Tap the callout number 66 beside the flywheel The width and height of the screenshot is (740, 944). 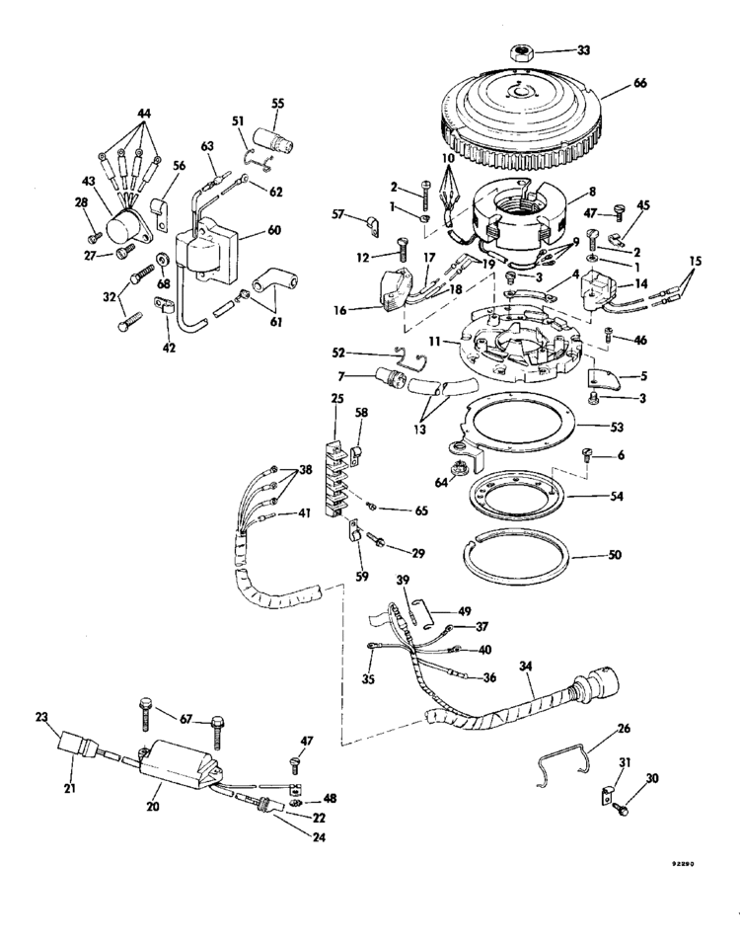(x=640, y=83)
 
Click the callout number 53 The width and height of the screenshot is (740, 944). (x=618, y=427)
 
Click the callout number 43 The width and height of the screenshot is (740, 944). (x=89, y=180)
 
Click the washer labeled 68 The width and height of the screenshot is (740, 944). (x=163, y=260)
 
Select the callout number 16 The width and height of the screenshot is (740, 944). (x=339, y=311)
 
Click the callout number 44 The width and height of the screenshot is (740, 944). (x=144, y=114)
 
